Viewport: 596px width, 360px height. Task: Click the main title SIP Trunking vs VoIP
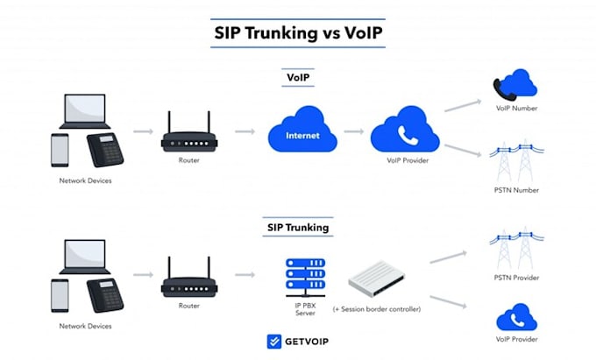tap(297, 32)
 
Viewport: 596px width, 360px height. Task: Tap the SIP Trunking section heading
tap(297, 228)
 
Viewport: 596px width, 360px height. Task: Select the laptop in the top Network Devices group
tap(84, 112)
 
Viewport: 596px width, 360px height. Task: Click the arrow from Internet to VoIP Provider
tap(353, 132)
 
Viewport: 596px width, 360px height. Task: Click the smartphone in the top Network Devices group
tap(60, 149)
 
